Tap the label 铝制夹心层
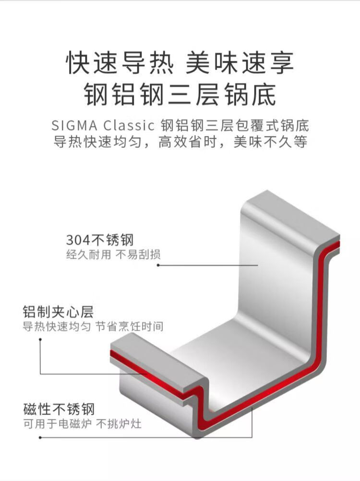click(x=58, y=312)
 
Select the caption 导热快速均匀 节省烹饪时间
click(x=93, y=327)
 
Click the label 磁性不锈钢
click(x=59, y=409)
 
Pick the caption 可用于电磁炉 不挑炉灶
click(x=83, y=424)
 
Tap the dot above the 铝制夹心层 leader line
click(x=40, y=339)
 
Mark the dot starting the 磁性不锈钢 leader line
click(x=40, y=437)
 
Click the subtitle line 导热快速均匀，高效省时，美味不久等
click(x=180, y=143)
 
